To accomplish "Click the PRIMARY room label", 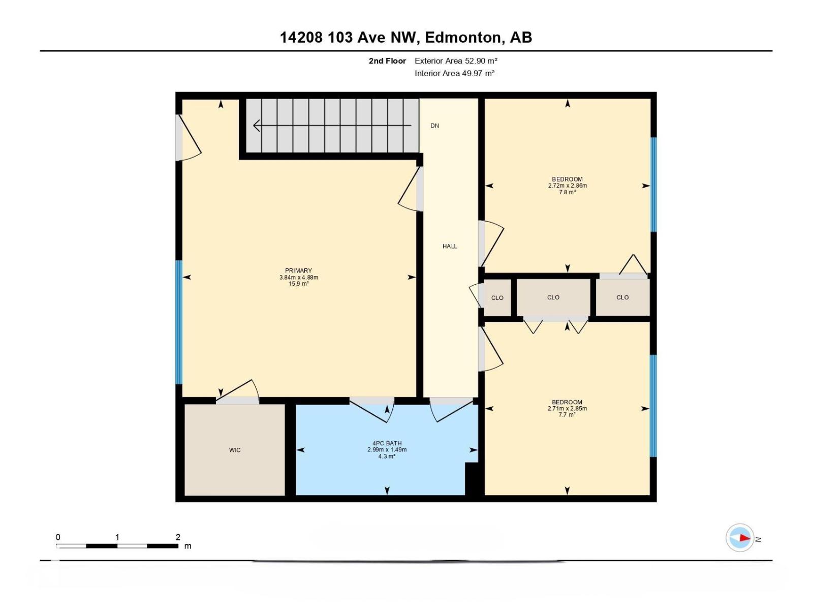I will coord(298,270).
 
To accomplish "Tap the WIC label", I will coord(235,450).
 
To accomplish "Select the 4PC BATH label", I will coord(387,443).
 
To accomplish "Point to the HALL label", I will coord(450,246).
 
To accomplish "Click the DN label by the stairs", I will coord(434,126).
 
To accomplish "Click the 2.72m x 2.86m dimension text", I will coord(567,186).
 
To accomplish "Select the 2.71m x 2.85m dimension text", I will coord(567,408).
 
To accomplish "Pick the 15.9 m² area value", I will coord(298,284).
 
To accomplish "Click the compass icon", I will coord(739,538).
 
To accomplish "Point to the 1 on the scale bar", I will coord(117,537).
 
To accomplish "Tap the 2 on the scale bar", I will coord(178,537).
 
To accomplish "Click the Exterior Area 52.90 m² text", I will coord(456,61).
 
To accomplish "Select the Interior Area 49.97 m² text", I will coord(454,73).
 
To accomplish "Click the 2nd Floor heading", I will coord(387,61).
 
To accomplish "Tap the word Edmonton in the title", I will coord(462,37).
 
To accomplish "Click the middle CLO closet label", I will coord(553,297).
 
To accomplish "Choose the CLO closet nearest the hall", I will coord(497,298).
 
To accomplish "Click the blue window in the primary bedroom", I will coord(179,322).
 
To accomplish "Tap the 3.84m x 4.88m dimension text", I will coord(298,277).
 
